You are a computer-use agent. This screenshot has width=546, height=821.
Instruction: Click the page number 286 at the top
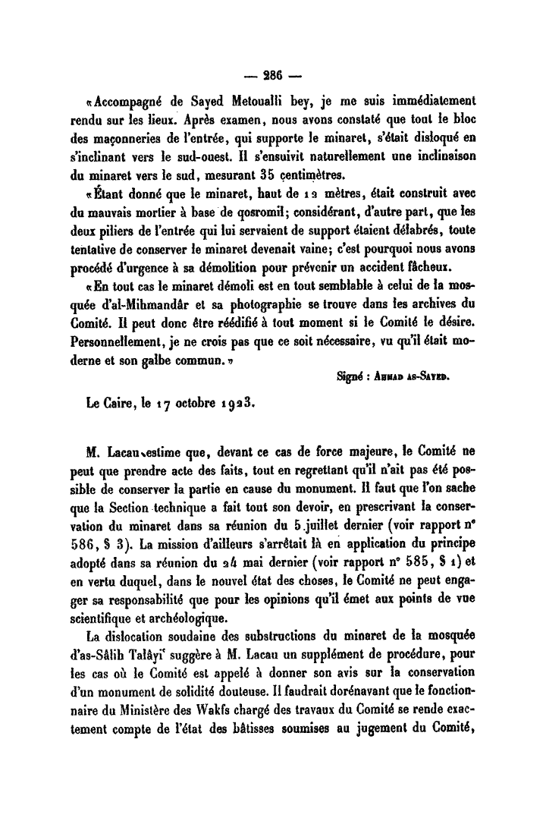point(271,75)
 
